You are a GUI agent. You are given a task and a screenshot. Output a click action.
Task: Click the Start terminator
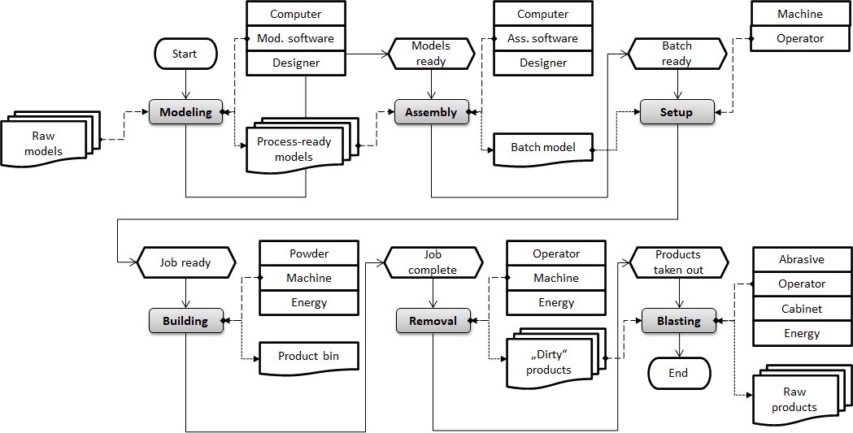[185, 54]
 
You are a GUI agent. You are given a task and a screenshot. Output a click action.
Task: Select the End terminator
[678, 373]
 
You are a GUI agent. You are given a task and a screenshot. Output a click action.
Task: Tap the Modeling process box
[185, 112]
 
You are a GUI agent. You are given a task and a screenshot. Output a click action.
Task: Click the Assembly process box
[431, 112]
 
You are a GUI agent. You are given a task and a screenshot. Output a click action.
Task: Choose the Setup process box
[677, 112]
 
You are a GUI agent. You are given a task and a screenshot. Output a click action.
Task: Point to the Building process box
[185, 321]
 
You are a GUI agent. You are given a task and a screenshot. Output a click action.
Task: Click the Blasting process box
[678, 321]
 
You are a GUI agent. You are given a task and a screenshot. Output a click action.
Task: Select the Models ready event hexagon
[431, 54]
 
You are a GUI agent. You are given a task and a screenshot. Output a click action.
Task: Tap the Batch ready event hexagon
[677, 54]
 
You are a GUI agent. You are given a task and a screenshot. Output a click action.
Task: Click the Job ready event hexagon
[185, 262]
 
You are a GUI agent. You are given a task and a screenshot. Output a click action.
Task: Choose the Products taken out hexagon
[678, 262]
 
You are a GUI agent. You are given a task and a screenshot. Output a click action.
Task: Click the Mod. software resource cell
[295, 38]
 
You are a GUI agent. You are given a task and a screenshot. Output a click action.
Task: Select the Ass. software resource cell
[543, 38]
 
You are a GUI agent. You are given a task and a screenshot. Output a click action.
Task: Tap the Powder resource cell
[308, 253]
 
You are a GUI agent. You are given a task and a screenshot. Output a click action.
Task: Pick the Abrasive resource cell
[802, 260]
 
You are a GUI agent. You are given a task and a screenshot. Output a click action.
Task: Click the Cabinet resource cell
[802, 309]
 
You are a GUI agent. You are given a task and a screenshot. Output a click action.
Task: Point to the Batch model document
[543, 148]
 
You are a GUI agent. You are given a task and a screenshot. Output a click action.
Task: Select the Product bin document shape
[308, 357]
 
